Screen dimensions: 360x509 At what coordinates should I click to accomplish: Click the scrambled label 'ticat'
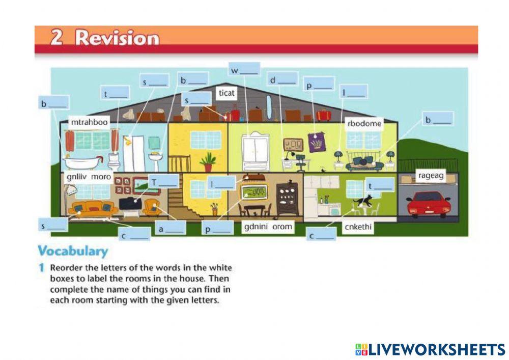click(x=227, y=93)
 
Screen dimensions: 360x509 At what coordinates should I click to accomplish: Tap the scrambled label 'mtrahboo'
click(x=90, y=123)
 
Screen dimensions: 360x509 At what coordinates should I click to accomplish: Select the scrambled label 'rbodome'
click(x=364, y=123)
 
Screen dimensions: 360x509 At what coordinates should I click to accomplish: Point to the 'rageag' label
click(x=431, y=176)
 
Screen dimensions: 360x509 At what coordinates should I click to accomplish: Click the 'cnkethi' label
click(x=358, y=228)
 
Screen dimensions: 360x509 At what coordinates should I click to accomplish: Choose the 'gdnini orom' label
click(x=268, y=227)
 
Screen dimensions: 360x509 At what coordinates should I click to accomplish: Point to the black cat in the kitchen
click(x=363, y=201)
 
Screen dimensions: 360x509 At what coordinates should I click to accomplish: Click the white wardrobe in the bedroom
click(x=256, y=151)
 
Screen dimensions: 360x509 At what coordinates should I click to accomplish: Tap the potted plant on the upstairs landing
click(x=208, y=162)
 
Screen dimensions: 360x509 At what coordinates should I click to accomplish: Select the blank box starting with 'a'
click(x=171, y=229)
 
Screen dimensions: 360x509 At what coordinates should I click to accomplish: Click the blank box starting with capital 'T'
click(x=163, y=181)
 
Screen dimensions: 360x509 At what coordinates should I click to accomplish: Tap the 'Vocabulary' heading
click(x=73, y=251)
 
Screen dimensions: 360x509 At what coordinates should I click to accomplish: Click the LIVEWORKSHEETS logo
click(x=430, y=349)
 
